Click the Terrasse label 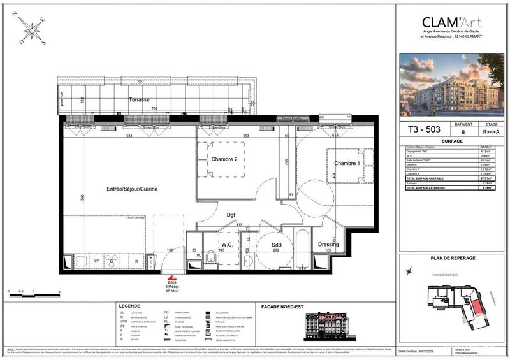138,101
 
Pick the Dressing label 328,245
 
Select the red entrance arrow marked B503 171,277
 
